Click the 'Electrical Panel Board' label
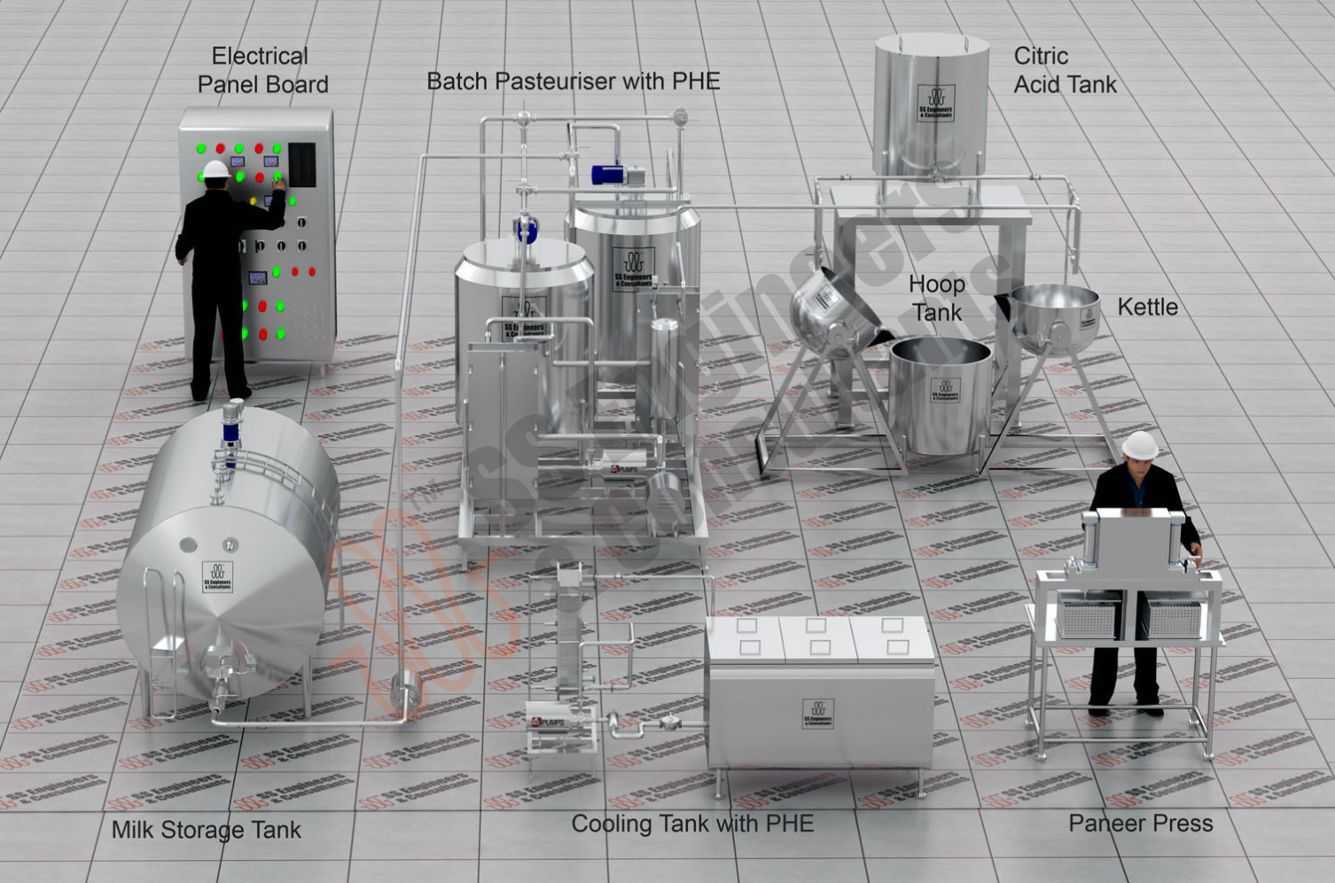pos(262,70)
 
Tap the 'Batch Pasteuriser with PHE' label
pos(573,82)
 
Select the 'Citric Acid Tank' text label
pos(1064,70)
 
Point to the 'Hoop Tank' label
pos(936,298)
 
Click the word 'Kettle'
pos(1147,308)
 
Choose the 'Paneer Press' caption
pos(1140,824)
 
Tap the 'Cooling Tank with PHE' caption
pos(691,824)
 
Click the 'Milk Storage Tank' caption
pos(206,831)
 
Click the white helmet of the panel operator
pos(215,168)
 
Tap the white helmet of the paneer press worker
pos(1140,444)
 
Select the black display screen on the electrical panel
pos(301,165)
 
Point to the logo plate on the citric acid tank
pos(934,103)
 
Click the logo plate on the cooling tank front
pos(817,714)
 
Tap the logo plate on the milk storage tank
pos(217,576)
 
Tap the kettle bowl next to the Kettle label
pos(1055,312)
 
